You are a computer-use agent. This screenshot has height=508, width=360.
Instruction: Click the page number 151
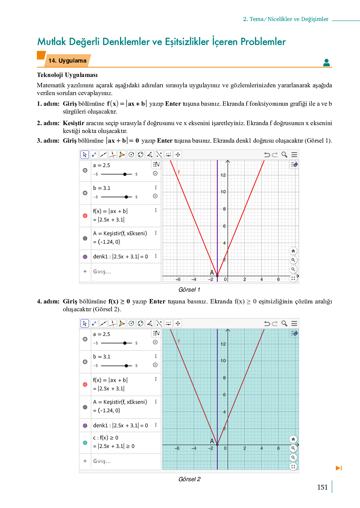pos(322,487)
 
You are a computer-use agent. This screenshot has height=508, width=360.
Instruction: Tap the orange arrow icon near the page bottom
pos(339,468)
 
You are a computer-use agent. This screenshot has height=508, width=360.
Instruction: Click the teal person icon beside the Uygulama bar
pos(327,63)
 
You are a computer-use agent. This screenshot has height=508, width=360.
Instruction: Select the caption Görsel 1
pos(189,290)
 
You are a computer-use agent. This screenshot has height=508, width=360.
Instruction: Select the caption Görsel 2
pos(189,479)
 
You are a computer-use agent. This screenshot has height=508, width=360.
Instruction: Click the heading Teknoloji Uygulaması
pos(67,75)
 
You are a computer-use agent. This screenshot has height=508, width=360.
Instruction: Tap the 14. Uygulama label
pos(67,61)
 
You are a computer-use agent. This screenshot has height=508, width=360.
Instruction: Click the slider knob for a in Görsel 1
pos(125,174)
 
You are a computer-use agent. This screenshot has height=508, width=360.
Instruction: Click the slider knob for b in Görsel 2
pos(126,366)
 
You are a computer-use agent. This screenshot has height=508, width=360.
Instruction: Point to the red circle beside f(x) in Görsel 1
pos(85,216)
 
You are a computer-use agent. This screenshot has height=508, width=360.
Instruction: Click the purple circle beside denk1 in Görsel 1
pos(85,257)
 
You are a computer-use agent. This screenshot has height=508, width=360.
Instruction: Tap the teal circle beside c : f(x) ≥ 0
pos(85,443)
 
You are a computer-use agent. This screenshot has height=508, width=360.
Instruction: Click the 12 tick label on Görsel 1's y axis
pos(223,175)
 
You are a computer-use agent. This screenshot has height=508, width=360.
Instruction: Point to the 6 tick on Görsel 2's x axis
pos(278,448)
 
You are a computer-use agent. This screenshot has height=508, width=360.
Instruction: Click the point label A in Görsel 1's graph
pos(212,272)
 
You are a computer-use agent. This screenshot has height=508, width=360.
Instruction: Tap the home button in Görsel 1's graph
pos(293,251)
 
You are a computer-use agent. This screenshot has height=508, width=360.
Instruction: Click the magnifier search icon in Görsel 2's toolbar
pos(284,323)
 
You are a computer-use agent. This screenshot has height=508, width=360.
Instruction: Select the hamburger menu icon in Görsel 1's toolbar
pos(294,155)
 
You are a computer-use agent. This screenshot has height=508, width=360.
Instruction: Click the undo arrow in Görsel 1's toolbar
pos(267,155)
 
